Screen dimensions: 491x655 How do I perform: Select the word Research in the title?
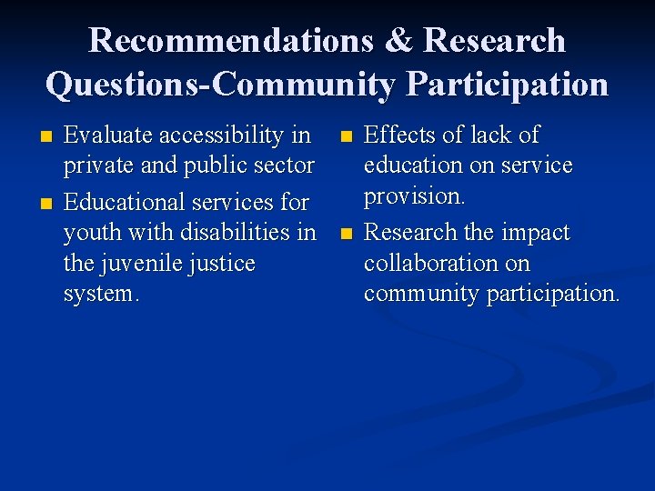click(494, 41)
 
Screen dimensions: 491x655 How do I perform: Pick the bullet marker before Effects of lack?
click(344, 137)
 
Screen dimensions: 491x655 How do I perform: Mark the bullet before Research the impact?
click(344, 235)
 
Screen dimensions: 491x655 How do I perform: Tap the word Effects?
click(401, 135)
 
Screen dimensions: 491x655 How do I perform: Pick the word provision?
click(414, 196)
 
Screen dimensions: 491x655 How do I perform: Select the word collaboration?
click(433, 264)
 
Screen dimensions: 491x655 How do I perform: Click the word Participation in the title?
click(507, 85)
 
